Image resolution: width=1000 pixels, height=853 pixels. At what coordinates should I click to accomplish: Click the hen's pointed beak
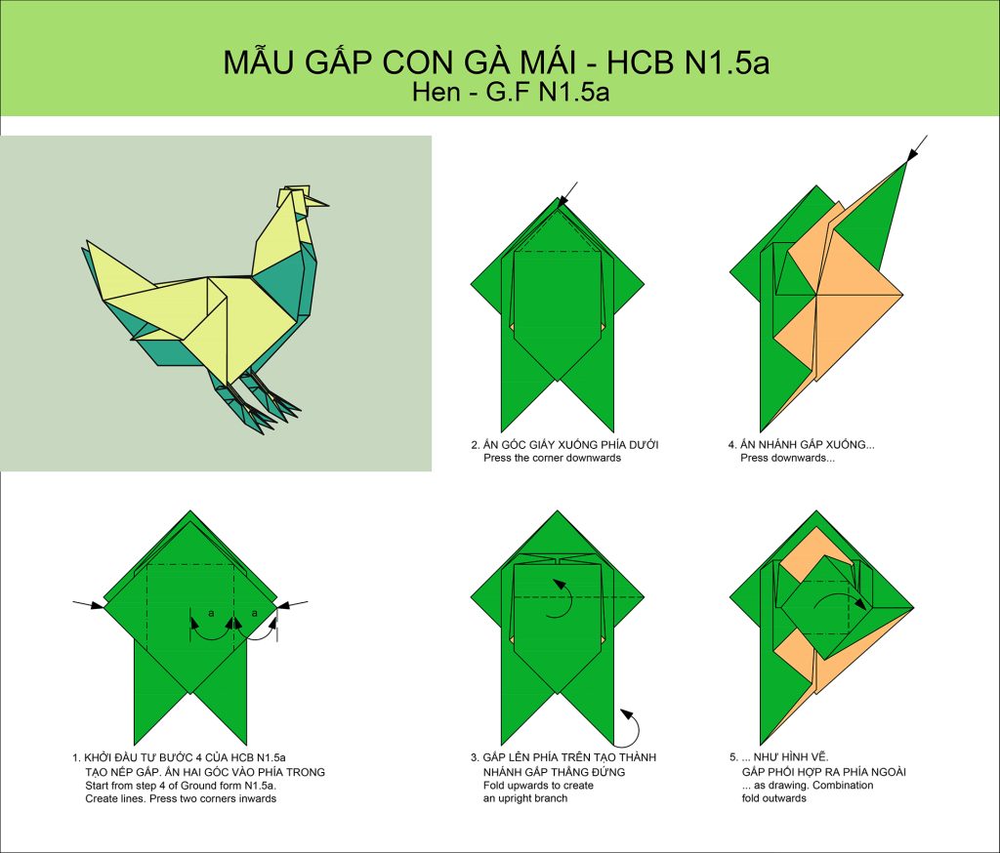tap(317, 202)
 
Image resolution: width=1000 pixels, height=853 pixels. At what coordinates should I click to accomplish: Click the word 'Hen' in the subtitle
tap(437, 92)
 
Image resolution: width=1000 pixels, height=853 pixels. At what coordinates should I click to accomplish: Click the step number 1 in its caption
tap(76, 758)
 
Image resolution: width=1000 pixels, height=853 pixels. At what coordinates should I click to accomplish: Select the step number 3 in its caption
tap(475, 758)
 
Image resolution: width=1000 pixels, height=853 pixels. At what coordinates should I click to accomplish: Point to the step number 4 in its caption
tap(732, 445)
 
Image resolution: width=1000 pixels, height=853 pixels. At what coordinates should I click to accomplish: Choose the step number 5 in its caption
tap(733, 758)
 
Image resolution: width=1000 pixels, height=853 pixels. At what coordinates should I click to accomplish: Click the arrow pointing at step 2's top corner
tap(567, 194)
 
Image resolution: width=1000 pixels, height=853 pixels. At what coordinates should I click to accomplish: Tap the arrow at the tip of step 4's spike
tap(917, 150)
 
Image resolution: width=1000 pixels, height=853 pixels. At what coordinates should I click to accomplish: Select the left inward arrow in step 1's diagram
tap(88, 604)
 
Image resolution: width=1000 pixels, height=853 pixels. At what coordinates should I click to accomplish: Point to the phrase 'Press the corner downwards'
tap(553, 458)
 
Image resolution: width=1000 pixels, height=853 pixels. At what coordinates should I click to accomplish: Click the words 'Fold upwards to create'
tap(538, 786)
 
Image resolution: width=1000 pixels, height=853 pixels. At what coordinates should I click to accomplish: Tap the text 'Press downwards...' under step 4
tap(788, 458)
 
